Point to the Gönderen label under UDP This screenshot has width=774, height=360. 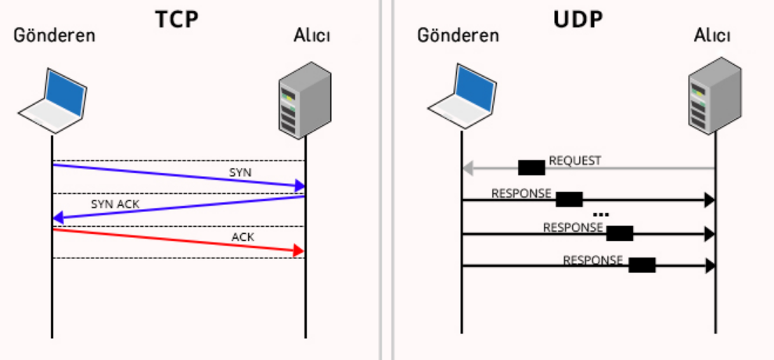tap(458, 35)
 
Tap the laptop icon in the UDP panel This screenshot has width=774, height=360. tap(463, 95)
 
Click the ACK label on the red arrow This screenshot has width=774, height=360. tap(243, 236)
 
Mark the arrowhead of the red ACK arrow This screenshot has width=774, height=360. tap(298, 250)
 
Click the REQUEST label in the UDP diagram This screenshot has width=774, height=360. tap(575, 160)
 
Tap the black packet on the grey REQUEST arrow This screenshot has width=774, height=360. tap(531, 167)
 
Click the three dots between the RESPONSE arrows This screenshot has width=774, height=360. tap(601, 214)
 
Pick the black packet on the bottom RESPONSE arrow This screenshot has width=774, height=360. tap(642, 265)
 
